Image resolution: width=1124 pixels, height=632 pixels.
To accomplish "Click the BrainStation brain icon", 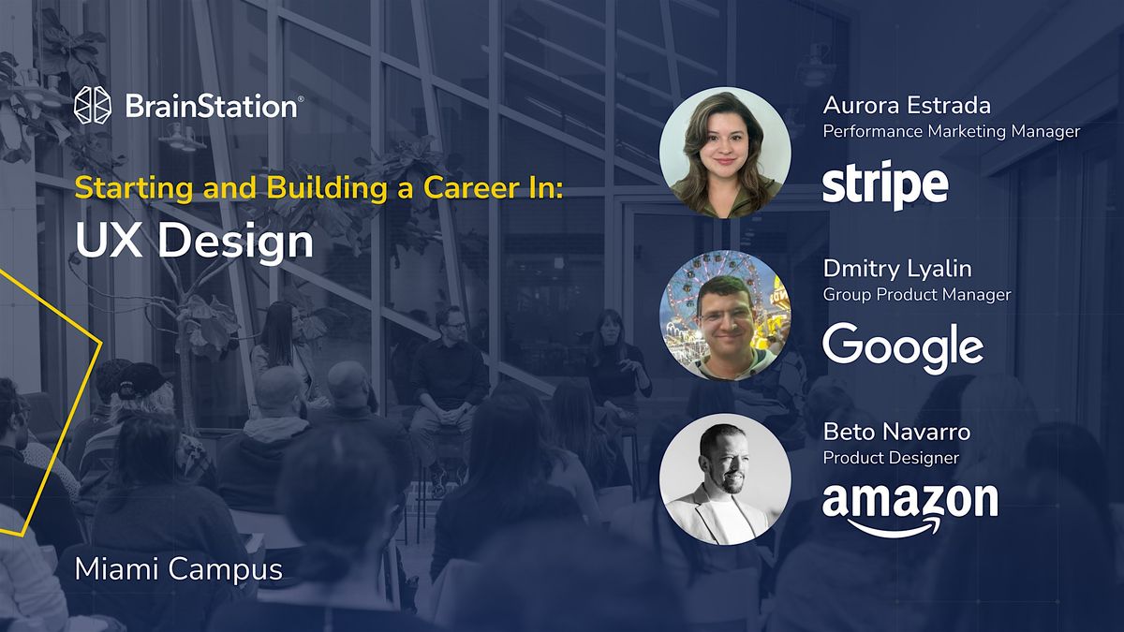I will (93, 107).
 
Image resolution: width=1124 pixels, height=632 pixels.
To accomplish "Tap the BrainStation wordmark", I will (213, 107).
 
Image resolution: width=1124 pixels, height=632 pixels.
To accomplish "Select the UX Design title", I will (194, 242).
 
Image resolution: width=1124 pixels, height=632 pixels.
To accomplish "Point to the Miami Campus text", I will (178, 568).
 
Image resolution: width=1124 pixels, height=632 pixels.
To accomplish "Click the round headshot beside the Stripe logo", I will (725, 153).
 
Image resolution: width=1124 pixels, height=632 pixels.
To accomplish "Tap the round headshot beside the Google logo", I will (725, 316).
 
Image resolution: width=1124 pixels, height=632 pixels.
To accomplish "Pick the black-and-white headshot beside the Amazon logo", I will (725, 479).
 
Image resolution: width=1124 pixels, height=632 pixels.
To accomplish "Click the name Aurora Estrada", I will (906, 104).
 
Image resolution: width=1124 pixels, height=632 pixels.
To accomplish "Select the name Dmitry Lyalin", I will (897, 269).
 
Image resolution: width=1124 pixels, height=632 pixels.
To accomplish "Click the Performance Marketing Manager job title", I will (951, 132).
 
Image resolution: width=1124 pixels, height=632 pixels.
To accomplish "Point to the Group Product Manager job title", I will (916, 295).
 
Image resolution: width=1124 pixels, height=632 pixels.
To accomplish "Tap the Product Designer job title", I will (890, 458).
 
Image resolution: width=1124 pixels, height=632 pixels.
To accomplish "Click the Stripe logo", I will (885, 185).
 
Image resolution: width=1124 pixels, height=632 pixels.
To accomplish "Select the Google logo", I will (903, 347).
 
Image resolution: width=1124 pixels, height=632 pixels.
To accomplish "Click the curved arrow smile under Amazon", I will (899, 529).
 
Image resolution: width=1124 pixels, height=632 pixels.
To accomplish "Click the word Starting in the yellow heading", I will (130, 186).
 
